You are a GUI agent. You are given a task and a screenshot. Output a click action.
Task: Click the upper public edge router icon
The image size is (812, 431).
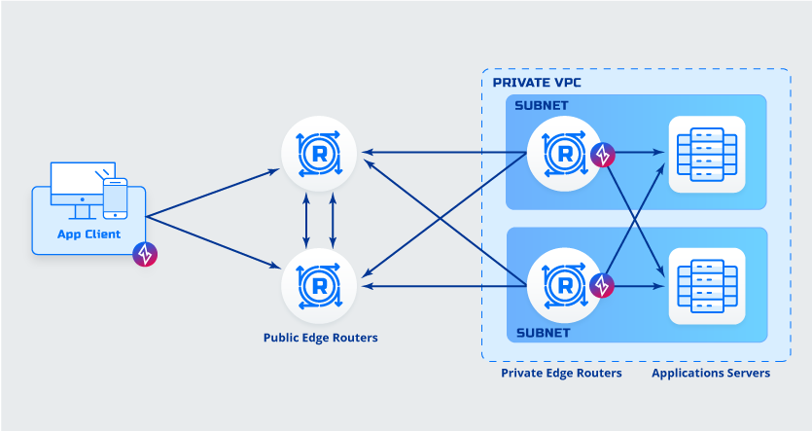coord(318,153)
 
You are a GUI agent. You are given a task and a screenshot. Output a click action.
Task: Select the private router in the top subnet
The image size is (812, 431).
coord(563,153)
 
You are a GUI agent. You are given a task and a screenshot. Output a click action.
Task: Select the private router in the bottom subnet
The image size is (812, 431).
coord(563,284)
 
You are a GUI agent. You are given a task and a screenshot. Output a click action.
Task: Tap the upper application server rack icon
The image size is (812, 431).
coord(707,154)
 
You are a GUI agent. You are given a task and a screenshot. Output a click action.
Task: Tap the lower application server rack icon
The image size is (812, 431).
coord(707,284)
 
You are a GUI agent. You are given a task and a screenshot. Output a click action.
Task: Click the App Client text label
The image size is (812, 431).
coord(88,234)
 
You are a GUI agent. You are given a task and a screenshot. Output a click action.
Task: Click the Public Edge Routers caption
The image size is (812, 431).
coord(320,339)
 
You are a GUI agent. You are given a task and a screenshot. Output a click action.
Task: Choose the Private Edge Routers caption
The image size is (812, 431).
coord(561,373)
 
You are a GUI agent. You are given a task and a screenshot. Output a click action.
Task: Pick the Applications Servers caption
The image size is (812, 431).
coord(711,373)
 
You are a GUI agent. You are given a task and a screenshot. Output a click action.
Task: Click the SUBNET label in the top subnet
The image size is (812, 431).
coord(542,105)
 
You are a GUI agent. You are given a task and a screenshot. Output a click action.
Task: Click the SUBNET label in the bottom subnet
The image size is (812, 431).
coord(542,332)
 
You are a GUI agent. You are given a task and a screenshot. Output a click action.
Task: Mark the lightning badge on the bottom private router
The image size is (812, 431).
coord(603,285)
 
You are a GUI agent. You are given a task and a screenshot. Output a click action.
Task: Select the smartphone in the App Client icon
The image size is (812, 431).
coord(116,198)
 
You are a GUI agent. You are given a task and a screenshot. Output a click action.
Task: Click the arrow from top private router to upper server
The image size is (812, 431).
coord(639,153)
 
